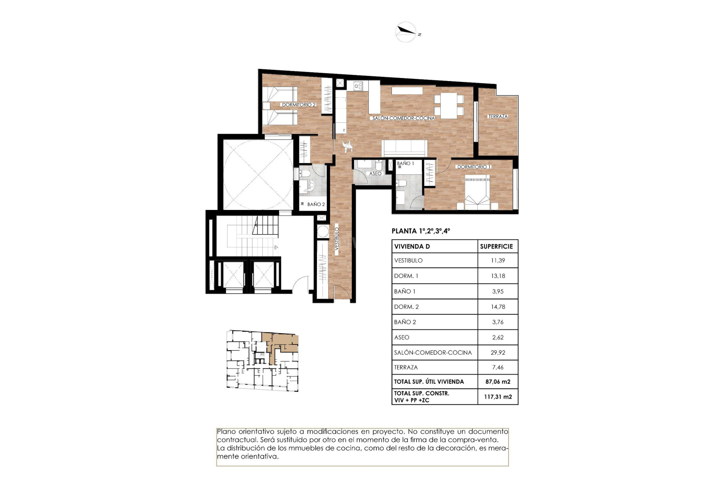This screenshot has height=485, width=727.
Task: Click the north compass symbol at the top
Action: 406,32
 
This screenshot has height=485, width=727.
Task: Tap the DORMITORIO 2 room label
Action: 298,105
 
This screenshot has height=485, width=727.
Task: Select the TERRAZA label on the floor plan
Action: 498,116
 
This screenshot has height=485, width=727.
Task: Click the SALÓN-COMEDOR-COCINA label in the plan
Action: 403,118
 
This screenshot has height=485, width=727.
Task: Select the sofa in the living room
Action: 404,148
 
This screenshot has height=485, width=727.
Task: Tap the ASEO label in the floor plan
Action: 375,174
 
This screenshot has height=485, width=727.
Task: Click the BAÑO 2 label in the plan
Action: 316,204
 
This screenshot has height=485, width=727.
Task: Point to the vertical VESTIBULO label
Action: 337,238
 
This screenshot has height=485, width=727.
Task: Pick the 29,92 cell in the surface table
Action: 498,352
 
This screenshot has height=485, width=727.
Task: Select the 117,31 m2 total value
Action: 498,397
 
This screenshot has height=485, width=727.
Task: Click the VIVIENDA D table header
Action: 412,246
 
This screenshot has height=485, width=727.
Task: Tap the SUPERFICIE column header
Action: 496,246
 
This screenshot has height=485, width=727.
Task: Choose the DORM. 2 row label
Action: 406,307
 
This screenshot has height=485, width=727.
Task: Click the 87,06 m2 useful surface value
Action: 498,382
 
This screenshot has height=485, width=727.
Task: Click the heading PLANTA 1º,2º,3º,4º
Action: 421,231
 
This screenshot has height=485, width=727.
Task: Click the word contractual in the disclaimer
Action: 237,440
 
